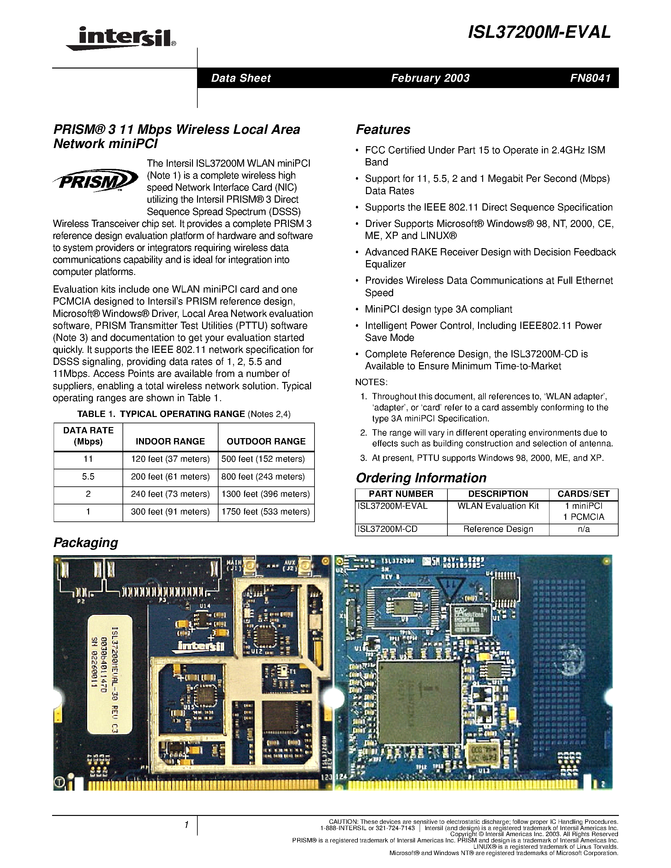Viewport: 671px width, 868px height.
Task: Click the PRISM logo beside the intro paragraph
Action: pos(95,181)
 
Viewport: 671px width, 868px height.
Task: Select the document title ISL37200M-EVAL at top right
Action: pos(539,33)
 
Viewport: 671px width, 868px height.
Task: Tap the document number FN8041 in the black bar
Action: pos(590,78)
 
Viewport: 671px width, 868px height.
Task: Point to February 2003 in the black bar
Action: pos(430,78)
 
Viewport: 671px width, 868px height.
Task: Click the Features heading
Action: pos(383,129)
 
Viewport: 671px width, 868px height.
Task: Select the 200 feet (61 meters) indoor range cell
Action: pos(170,477)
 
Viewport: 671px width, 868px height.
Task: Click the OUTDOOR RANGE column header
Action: pos(266,441)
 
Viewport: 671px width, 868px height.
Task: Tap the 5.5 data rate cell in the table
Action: pos(88,477)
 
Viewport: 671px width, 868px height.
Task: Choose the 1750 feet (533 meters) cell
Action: pos(266,512)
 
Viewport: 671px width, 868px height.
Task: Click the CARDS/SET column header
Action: pos(583,494)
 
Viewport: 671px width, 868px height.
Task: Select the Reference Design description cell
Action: pos(498,529)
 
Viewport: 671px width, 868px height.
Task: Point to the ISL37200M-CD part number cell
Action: pos(387,529)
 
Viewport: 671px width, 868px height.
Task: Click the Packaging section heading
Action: pos(86,543)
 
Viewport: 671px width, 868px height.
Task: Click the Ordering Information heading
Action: pos(421,478)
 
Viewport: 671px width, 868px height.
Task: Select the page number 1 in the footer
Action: pos(186,825)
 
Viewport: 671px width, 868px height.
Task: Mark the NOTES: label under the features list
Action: pos(371,382)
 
